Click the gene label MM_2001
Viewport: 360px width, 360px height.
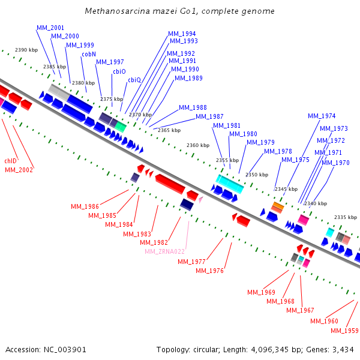click(50, 28)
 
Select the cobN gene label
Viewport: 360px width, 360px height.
click(89, 54)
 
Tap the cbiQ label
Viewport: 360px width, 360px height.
click(134, 80)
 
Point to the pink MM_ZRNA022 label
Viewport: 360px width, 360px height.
click(164, 251)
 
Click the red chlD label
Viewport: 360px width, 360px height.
click(11, 161)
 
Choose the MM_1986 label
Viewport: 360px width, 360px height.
click(85, 206)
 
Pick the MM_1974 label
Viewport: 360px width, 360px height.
click(322, 116)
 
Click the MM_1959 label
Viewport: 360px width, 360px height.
click(344, 331)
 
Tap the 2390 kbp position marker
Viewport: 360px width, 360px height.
click(26, 50)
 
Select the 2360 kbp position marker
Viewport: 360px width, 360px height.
click(198, 145)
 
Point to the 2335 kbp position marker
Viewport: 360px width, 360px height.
click(346, 217)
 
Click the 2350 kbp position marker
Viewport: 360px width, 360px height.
click(257, 175)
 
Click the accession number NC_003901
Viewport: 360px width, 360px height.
click(65, 350)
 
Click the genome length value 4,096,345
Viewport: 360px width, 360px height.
click(269, 350)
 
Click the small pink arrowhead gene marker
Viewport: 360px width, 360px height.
click(201, 200)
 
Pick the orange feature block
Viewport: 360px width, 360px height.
click(278, 205)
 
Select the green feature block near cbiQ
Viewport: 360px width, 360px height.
click(121, 127)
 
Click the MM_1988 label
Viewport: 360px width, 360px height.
click(193, 107)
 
